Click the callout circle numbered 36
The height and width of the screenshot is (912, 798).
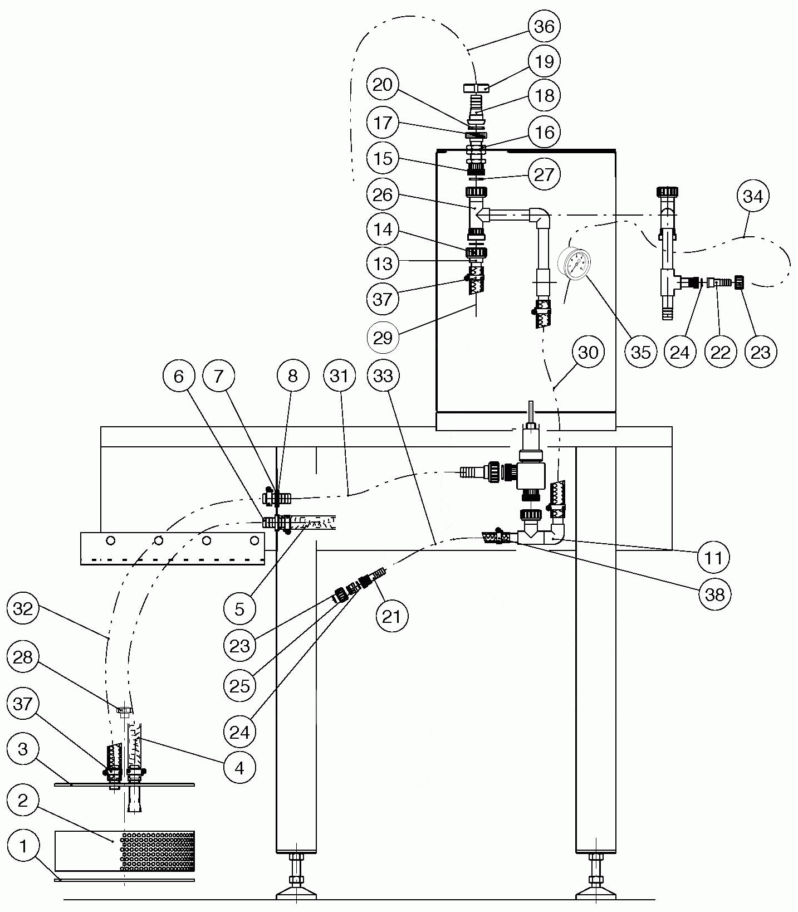click(544, 26)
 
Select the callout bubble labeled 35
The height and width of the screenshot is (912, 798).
click(640, 352)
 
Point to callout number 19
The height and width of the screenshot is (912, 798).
click(544, 61)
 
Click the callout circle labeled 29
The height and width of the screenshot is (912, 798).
click(383, 338)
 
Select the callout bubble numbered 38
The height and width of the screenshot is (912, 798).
click(715, 594)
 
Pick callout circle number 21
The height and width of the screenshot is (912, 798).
click(391, 616)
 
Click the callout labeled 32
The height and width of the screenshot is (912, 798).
click(23, 608)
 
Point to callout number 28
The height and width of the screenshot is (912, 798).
click(23, 657)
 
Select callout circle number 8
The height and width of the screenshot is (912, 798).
click(293, 376)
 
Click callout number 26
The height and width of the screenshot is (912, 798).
click(383, 194)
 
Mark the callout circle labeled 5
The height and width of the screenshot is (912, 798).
click(239, 609)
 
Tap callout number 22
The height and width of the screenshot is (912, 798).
click(721, 352)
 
